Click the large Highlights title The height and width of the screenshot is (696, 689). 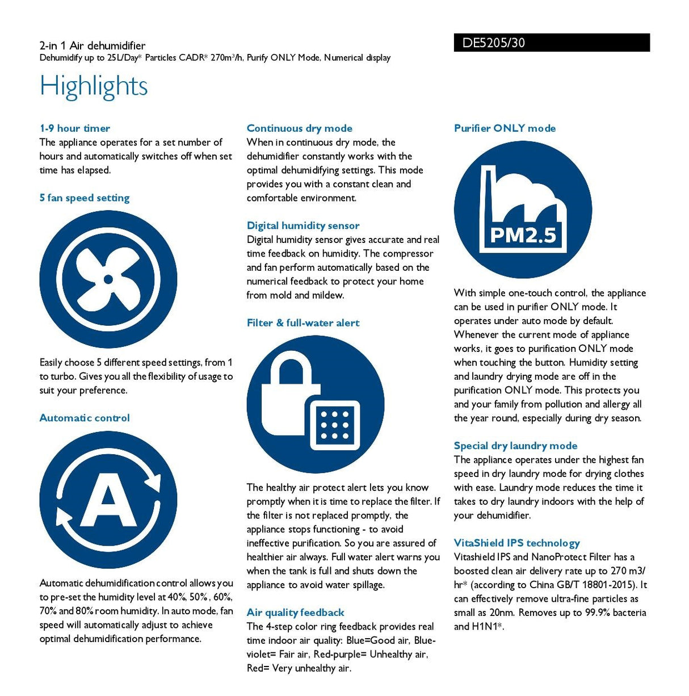94,86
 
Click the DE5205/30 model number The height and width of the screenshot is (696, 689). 493,43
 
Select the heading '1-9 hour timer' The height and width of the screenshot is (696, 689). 75,128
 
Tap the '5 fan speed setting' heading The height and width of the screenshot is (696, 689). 85,198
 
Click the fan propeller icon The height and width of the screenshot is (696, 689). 108,279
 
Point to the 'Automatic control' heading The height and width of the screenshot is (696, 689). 85,418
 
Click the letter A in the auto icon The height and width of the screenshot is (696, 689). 108,500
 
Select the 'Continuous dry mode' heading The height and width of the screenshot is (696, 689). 300,128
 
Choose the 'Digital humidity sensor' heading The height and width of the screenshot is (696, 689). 303,226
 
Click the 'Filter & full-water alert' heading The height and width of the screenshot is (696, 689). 303,323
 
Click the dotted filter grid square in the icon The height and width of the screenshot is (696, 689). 334,423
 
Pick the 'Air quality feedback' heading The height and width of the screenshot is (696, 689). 296,613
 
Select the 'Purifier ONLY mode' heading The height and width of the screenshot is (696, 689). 505,128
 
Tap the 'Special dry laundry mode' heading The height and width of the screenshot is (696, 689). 516,446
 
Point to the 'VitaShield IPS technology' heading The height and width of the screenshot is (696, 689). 517,543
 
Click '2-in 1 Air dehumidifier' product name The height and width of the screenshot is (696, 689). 93,45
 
